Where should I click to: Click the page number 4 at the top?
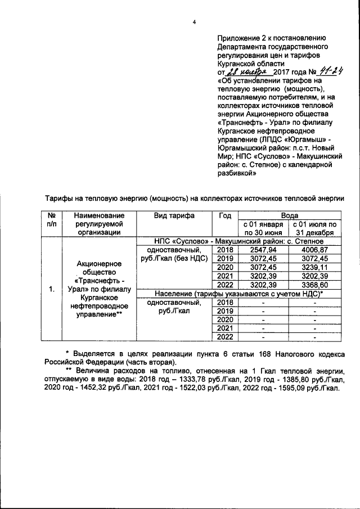194,22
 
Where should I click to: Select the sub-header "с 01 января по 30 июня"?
263,228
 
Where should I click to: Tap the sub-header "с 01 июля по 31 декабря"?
315,228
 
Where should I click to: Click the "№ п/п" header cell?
51,220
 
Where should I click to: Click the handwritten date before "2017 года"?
248,73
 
